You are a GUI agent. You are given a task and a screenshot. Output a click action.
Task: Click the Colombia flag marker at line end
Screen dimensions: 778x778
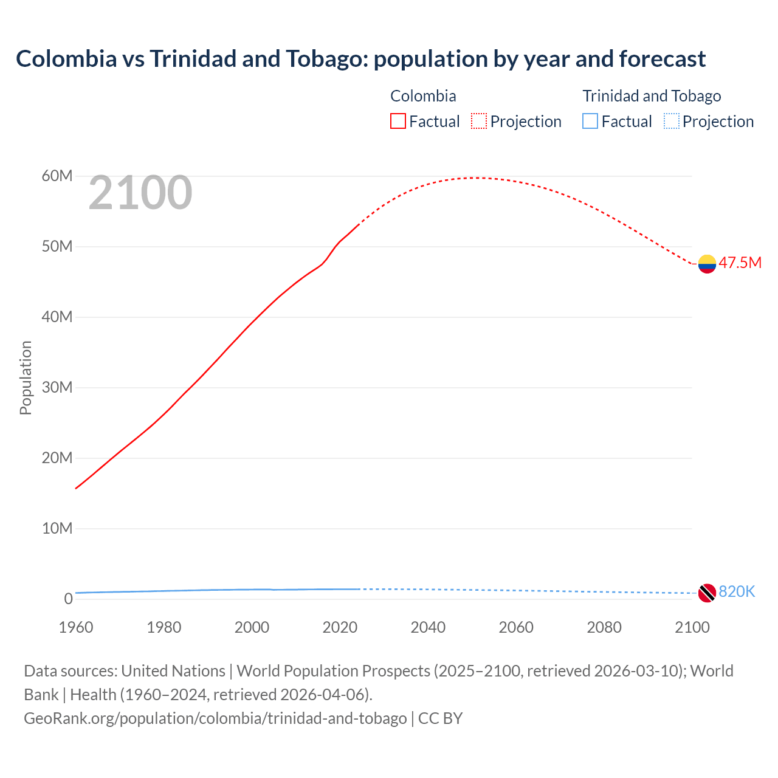pos(707,264)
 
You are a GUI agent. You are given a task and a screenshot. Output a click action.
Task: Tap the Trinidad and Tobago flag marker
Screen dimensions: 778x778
pos(707,593)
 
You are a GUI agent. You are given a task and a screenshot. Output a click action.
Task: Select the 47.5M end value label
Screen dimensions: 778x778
pos(740,263)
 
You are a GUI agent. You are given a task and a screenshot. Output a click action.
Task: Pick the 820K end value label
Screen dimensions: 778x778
pos(737,591)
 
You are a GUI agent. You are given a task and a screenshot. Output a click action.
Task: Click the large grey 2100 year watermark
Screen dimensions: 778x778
pos(140,193)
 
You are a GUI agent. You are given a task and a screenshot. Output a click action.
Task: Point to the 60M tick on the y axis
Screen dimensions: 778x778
pos(57,176)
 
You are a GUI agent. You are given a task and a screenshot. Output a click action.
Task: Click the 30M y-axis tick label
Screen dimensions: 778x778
pos(57,388)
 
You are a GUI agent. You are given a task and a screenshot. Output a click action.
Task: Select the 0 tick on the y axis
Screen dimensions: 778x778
pos(68,599)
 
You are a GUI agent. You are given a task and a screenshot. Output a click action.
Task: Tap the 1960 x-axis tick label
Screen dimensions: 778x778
pos(76,627)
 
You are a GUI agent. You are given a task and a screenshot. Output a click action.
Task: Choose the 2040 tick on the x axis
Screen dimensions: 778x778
pos(428,627)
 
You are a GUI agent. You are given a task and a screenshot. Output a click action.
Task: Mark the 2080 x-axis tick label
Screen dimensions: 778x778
pos(604,627)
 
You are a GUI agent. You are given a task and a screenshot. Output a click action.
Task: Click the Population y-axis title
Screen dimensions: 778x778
pos(26,377)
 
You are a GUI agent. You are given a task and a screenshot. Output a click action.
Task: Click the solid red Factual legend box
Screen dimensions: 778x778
pos(398,122)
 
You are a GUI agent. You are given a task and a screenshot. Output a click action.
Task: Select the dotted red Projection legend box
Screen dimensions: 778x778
pos(479,122)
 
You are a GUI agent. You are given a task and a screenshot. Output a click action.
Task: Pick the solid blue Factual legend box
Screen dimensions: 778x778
pos(590,122)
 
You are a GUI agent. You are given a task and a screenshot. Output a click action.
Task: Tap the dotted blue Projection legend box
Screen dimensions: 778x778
pos(671,122)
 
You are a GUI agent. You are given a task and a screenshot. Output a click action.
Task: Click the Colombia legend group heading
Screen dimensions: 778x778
pos(423,96)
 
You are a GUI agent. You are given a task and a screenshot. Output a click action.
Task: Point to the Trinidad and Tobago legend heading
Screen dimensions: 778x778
pos(652,96)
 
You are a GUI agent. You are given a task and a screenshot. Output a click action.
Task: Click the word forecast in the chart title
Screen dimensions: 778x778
pos(663,59)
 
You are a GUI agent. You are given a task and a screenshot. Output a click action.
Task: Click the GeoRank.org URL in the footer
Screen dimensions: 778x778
pos(215,718)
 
